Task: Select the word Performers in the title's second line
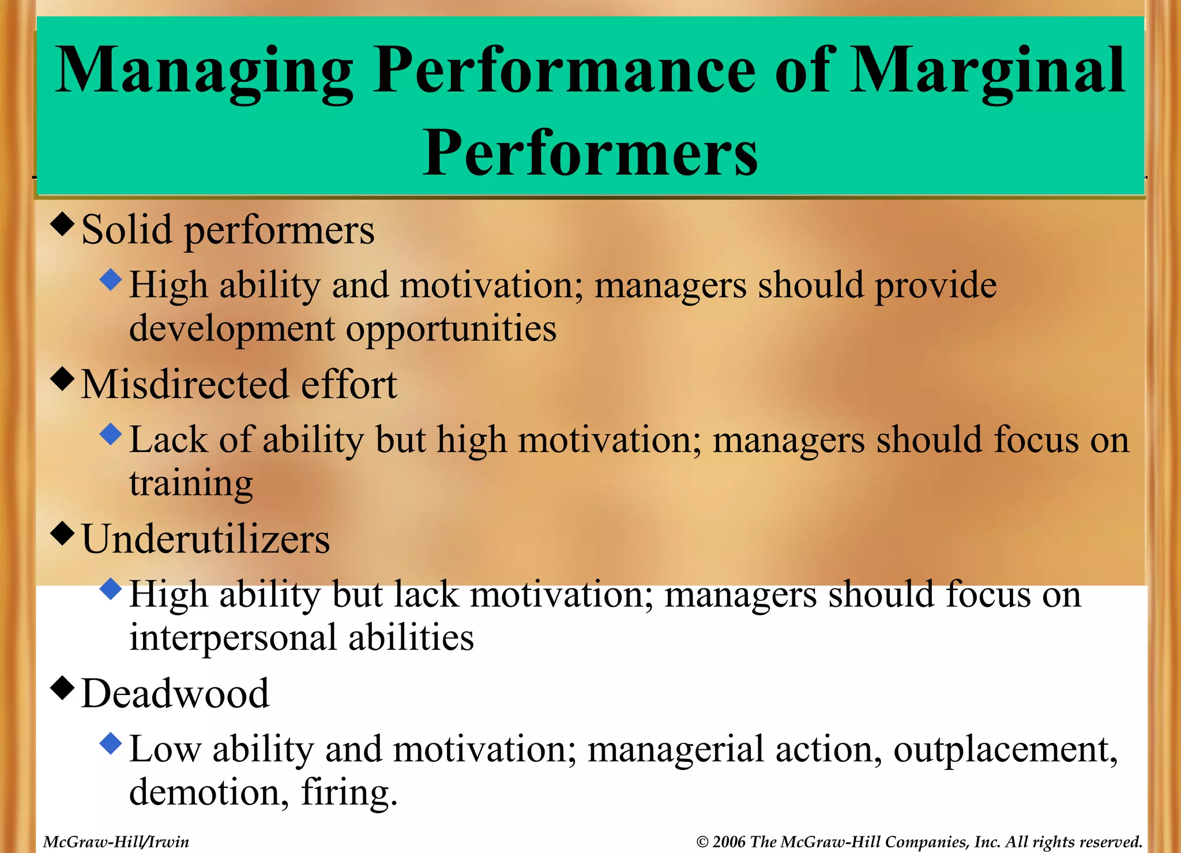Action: click(x=590, y=153)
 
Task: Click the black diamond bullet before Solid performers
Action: click(x=62, y=224)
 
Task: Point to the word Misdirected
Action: click(x=184, y=385)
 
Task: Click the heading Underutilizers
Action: click(x=205, y=539)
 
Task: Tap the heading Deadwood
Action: click(x=175, y=693)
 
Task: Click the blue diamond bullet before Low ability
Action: click(x=110, y=743)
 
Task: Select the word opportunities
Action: click(x=451, y=329)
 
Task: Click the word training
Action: click(x=191, y=483)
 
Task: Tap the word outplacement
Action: click(x=1001, y=750)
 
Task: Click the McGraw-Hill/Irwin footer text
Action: click(x=116, y=842)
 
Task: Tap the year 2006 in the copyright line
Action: click(x=729, y=842)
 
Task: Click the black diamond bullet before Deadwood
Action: click(x=62, y=687)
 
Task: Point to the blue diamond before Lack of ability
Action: click(x=110, y=434)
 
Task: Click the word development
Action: click(x=232, y=329)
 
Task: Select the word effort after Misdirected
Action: click(x=349, y=385)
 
